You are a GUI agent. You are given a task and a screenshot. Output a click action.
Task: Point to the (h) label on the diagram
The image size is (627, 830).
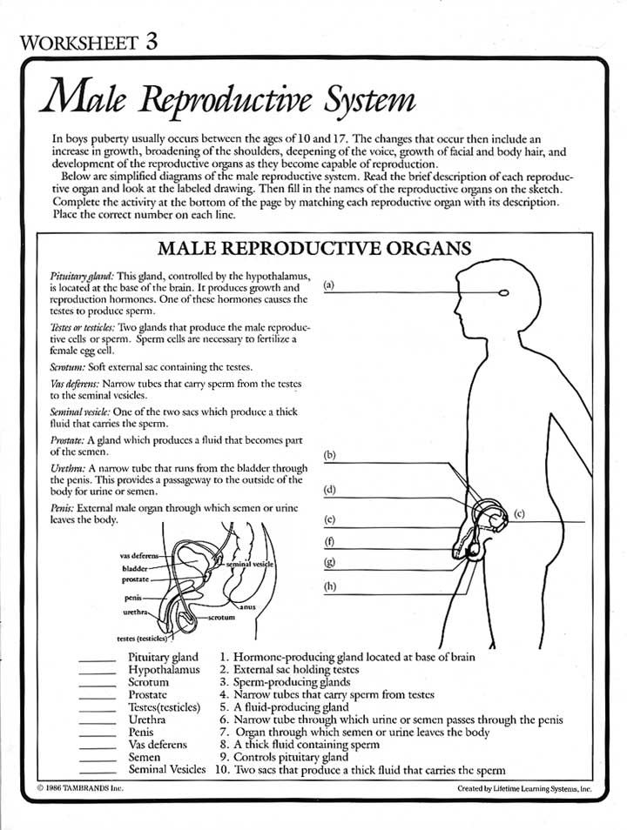329,586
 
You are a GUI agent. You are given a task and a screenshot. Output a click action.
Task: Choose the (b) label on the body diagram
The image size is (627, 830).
329,455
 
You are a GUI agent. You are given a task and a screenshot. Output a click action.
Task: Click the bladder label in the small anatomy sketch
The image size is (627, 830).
136,567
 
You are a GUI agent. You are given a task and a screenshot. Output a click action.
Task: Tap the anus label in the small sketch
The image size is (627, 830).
247,606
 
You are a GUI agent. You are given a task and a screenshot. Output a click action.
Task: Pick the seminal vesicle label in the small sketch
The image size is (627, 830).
250,565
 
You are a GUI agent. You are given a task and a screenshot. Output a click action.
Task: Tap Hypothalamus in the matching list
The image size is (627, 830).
164,670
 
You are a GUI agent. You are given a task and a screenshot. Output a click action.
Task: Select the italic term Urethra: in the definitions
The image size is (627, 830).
67,468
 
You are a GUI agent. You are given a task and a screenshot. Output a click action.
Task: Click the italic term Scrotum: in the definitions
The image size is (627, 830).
68,368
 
